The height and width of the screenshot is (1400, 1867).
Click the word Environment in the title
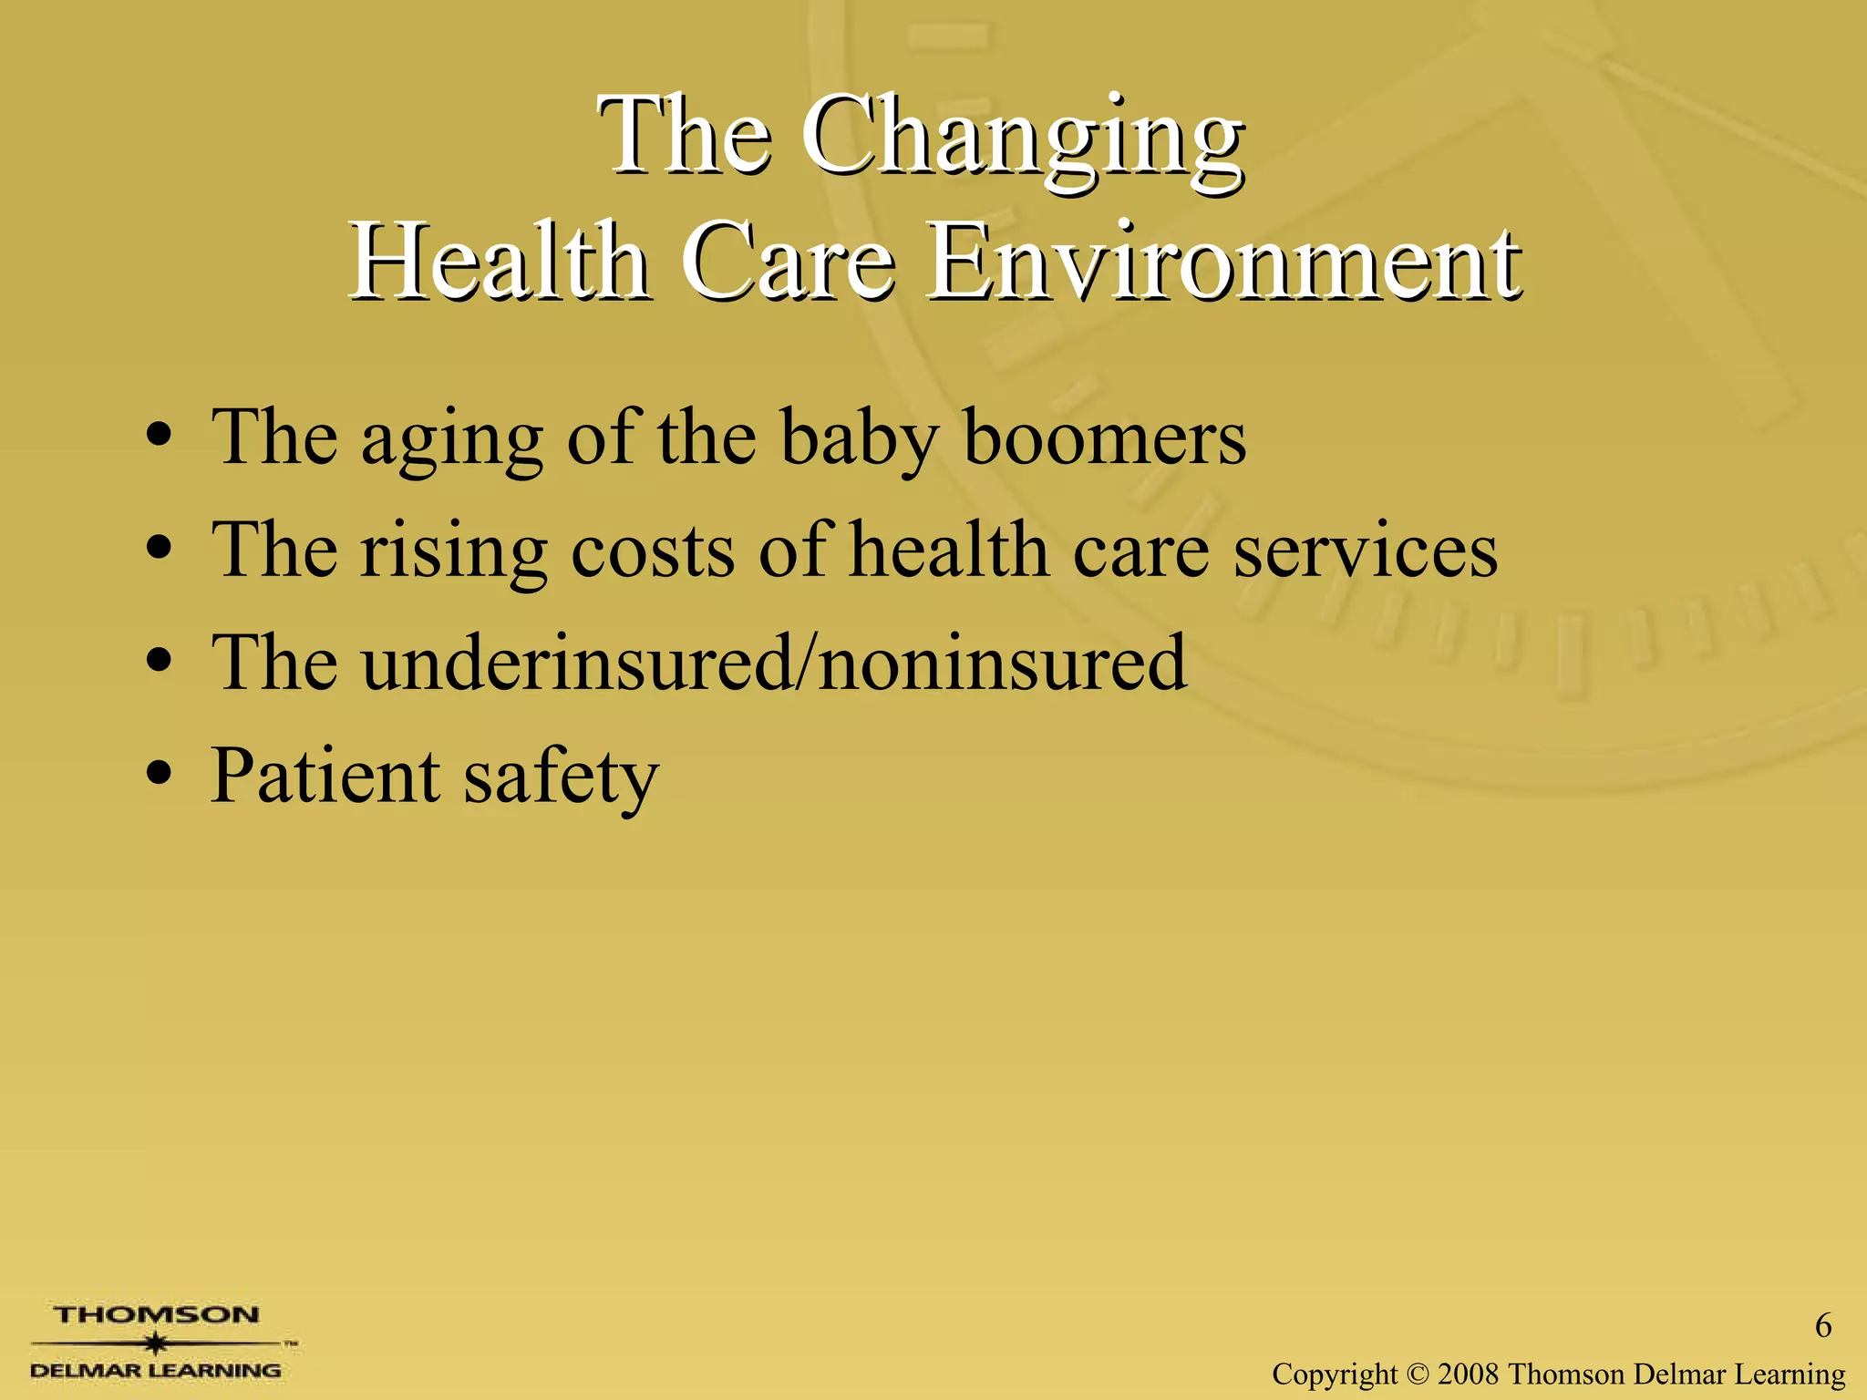[x=1223, y=264]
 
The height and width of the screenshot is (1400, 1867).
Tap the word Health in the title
[x=500, y=264]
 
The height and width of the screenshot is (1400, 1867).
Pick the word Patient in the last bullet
[x=325, y=776]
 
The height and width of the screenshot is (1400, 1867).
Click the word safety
[x=561, y=777]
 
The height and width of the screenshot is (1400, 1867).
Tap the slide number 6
[x=1822, y=1325]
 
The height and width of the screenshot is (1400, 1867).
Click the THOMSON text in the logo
[x=156, y=1315]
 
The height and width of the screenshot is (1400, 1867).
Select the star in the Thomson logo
[x=157, y=1343]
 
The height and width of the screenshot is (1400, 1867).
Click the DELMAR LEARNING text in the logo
[x=156, y=1370]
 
